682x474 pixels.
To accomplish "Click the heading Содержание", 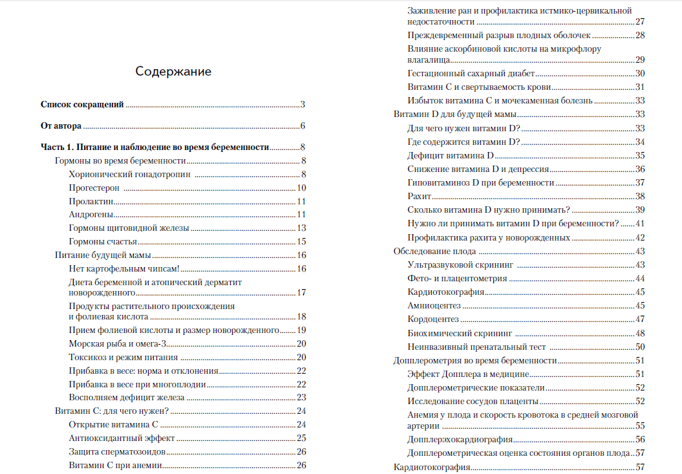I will (x=173, y=72).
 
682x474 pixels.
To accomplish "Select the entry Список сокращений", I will (x=82, y=104).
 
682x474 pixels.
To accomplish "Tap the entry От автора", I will (x=61, y=126).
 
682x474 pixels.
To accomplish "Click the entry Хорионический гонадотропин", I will (x=131, y=174).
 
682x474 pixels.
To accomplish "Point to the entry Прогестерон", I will (x=95, y=188).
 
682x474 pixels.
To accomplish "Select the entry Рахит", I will (x=420, y=196).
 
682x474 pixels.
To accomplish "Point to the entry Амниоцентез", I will (x=434, y=305).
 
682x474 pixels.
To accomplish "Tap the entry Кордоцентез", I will (x=433, y=319).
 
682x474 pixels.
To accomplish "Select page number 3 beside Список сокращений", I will (x=303, y=104).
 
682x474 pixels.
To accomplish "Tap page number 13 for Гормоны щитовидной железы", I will (x=301, y=228).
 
